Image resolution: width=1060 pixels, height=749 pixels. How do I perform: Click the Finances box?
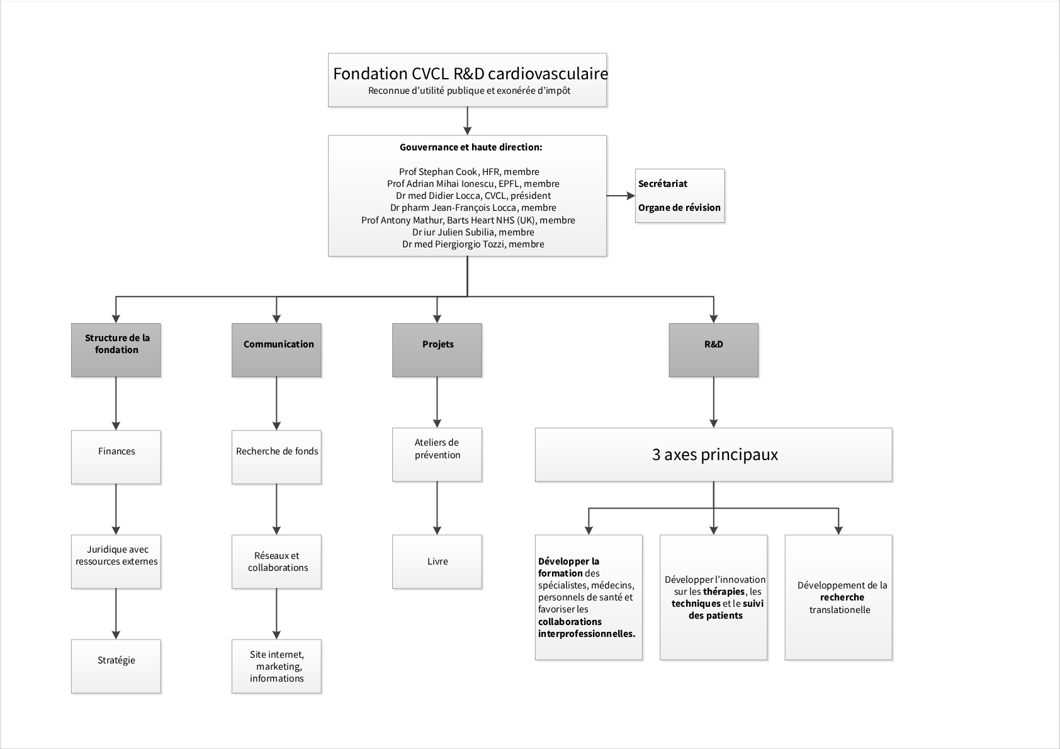point(116,457)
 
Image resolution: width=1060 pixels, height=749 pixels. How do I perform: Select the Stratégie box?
point(116,666)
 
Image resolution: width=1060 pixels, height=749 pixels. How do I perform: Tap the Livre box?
point(437,561)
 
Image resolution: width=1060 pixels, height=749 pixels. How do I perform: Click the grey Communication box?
point(276,350)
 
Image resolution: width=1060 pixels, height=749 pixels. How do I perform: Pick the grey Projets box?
point(437,350)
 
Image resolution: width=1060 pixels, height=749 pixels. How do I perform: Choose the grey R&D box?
point(713,350)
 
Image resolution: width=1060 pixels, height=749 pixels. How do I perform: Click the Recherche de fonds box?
point(276,457)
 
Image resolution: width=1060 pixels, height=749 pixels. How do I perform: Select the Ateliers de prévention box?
point(437,454)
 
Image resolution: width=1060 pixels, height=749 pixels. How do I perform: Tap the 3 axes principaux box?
point(713,454)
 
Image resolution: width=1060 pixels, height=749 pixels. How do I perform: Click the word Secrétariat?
point(663,184)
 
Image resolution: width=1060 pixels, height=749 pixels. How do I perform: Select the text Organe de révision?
point(679,208)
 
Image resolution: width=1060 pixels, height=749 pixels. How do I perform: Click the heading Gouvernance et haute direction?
point(471,147)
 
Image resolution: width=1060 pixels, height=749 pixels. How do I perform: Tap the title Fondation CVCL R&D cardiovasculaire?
point(470,74)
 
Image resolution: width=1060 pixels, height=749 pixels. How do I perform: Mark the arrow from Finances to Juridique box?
point(116,509)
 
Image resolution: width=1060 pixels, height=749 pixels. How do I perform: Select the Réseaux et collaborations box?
point(276,561)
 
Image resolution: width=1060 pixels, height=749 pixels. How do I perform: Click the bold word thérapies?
point(724,592)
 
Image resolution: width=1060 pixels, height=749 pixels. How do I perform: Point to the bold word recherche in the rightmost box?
point(842,597)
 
